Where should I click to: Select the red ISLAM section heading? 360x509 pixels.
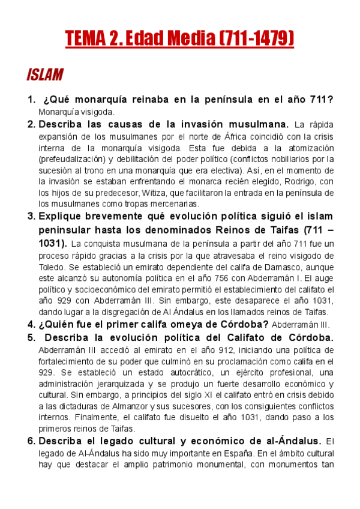pyautogui.click(x=45, y=75)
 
